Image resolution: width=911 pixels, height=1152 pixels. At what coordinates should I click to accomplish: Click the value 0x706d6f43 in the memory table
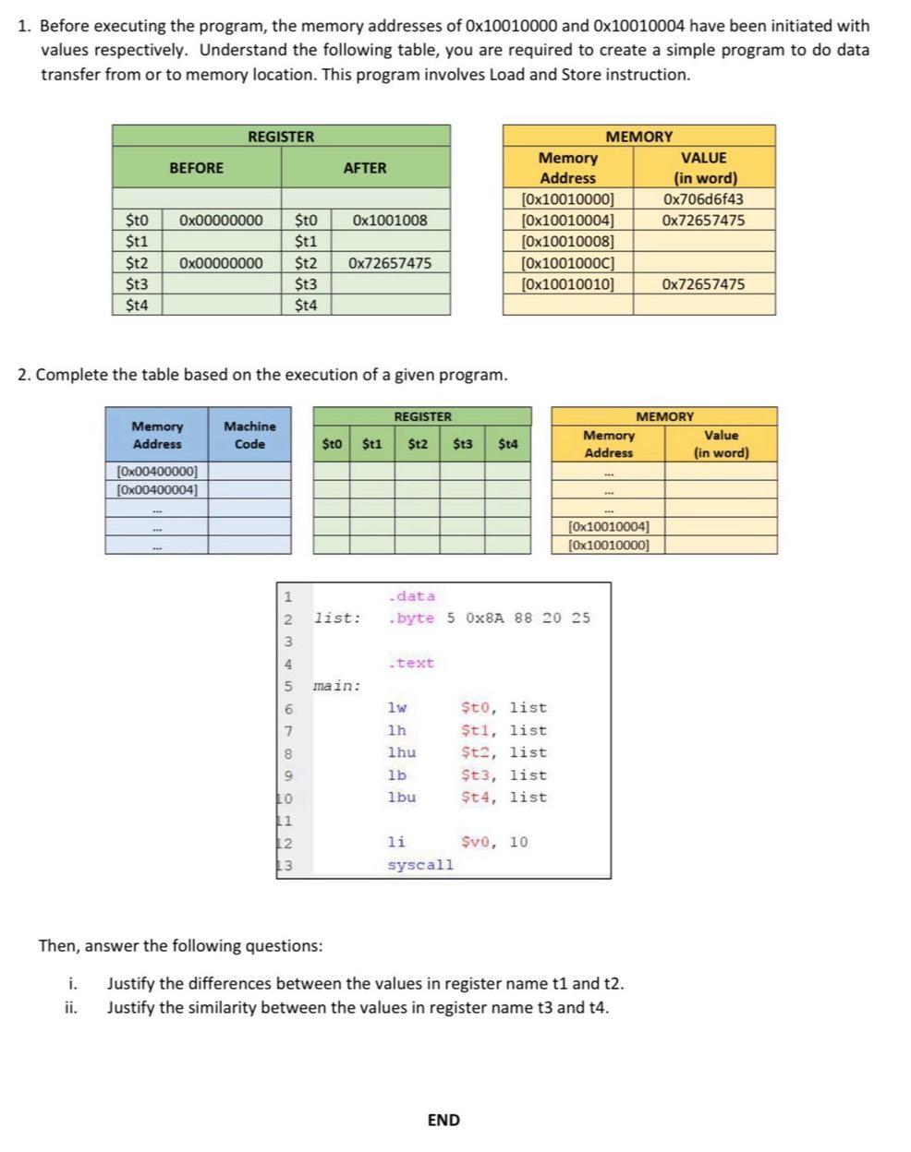point(703,199)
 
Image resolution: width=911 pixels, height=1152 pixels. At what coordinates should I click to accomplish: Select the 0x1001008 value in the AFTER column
point(389,221)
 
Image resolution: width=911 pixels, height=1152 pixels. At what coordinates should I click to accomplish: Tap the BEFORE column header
point(196,168)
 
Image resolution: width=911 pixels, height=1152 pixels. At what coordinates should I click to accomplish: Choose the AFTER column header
point(365,168)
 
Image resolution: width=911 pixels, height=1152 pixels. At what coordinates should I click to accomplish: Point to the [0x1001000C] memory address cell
point(567,263)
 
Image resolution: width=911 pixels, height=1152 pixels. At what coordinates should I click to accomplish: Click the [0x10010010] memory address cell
point(567,284)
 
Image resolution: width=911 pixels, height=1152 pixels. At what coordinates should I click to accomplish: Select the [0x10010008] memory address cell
point(567,242)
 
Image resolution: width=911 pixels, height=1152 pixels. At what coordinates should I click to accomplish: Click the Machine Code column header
point(249,435)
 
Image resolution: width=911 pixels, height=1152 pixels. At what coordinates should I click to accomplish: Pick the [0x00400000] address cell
point(157,472)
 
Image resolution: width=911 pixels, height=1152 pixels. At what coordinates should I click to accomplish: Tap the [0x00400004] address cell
point(157,489)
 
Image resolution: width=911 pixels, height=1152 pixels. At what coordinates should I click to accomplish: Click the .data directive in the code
point(412,596)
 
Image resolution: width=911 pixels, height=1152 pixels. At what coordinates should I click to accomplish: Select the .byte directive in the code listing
point(412,618)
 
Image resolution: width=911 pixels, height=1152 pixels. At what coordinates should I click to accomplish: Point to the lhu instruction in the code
point(402,753)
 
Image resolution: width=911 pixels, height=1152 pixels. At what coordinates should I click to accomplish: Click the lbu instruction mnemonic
point(402,798)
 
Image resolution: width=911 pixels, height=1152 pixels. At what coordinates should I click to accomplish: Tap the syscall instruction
point(420,865)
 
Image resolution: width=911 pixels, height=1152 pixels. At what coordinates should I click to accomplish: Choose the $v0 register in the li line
point(476,842)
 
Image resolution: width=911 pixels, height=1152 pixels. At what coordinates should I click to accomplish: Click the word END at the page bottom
point(443,1121)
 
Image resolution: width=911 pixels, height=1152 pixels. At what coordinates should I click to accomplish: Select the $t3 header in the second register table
point(463,444)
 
